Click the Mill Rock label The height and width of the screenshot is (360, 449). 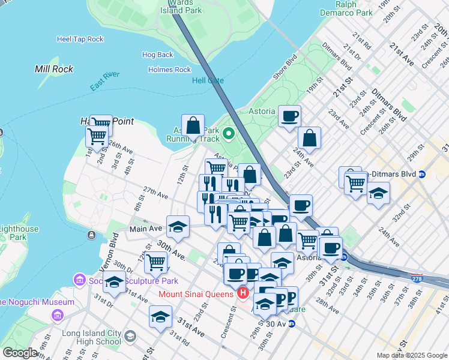54,69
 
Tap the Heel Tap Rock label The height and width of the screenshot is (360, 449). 80,39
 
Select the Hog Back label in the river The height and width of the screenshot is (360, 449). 158,55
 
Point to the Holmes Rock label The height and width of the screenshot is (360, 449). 169,70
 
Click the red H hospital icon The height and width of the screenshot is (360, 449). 243,293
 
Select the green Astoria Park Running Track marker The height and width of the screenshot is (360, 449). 228,133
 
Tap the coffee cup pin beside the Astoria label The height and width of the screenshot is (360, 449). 290,116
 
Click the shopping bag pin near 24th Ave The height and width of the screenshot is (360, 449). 309,137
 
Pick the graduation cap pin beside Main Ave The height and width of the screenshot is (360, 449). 178,226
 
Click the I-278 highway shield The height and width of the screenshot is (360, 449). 418,278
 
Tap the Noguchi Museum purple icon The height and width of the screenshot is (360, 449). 58,315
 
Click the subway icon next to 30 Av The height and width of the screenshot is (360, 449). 292,323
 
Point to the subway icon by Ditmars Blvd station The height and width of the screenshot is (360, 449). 422,174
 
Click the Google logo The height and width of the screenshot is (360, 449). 20,353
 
